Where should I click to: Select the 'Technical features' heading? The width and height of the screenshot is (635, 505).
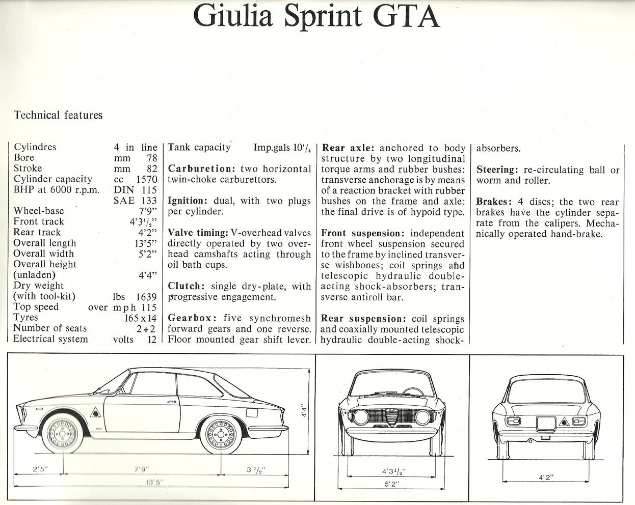[58, 115]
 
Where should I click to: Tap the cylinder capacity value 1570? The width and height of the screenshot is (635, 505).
[147, 179]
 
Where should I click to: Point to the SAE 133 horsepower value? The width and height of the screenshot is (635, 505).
[135, 201]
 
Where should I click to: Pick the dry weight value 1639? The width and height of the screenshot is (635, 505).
[146, 297]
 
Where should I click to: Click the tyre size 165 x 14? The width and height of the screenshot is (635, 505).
[141, 318]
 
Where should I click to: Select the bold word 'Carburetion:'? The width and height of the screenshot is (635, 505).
[201, 169]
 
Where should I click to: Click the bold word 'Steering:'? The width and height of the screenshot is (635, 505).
[497, 170]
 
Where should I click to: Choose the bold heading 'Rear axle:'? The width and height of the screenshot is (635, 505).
[348, 148]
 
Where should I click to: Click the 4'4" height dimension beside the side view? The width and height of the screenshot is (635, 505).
[304, 411]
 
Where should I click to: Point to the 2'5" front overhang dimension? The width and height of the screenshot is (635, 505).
[40, 469]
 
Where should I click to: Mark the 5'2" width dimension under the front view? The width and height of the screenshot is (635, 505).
[391, 484]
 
